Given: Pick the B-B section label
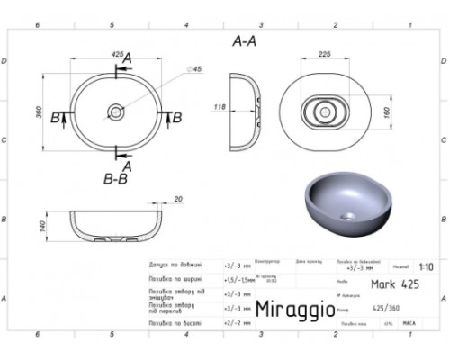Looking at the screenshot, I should tap(117, 180).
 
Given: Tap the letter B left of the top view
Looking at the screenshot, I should tap(56, 117).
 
